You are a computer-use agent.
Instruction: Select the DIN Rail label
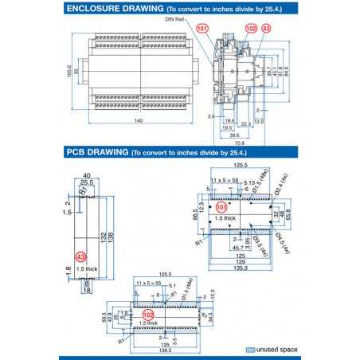coord(176,18)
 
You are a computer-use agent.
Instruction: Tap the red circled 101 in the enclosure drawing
coord(202,28)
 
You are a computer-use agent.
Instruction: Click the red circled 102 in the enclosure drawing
coord(251,28)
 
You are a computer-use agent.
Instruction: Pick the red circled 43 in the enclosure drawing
coord(266,28)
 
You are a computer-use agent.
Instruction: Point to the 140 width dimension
coord(139,121)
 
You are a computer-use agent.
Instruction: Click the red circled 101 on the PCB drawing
coord(221,206)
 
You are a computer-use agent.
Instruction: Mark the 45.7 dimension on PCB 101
coord(237,248)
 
